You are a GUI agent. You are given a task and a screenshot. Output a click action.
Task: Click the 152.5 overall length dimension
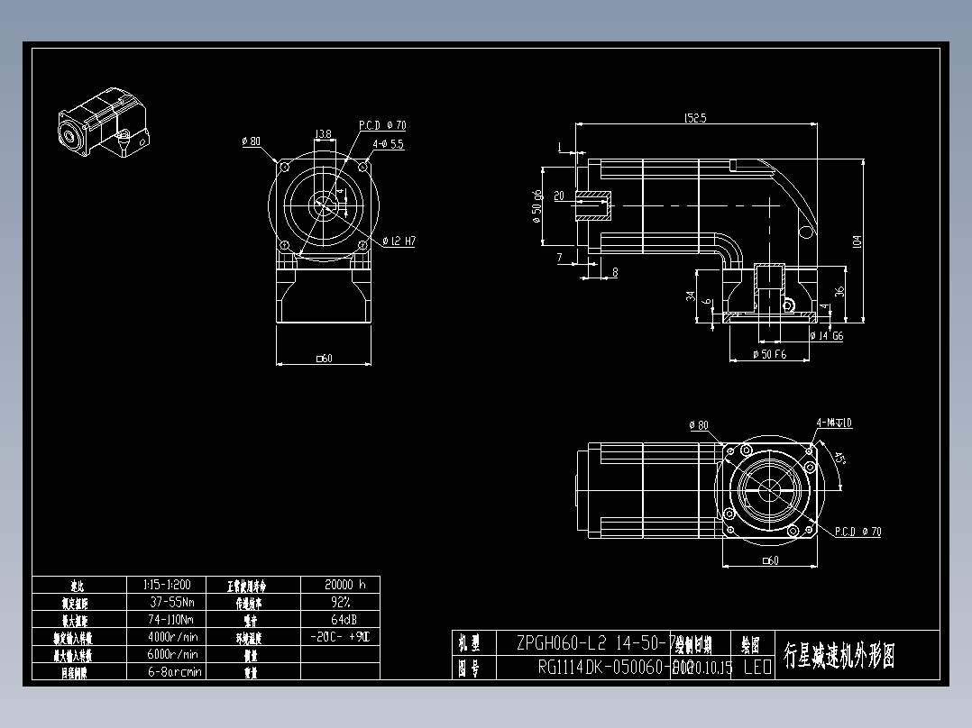pyautogui.click(x=694, y=118)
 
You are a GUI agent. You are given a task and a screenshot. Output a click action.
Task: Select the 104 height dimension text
pyautogui.click(x=857, y=241)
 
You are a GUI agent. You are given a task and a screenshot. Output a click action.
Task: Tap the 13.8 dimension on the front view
pyautogui.click(x=322, y=134)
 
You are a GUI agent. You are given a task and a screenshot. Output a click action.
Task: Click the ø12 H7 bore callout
pyautogui.click(x=399, y=241)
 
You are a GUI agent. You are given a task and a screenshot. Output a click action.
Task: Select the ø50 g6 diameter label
pyautogui.click(x=536, y=206)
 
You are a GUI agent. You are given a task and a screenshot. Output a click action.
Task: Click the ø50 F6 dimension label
pyautogui.click(x=769, y=355)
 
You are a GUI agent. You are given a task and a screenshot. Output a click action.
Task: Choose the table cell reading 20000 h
pyautogui.click(x=339, y=585)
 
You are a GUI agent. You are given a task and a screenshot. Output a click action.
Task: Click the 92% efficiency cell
pyautogui.click(x=339, y=602)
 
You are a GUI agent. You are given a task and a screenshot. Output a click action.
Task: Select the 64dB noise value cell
pyautogui.click(x=339, y=619)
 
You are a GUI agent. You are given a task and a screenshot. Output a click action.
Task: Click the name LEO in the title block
pyautogui.click(x=757, y=668)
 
